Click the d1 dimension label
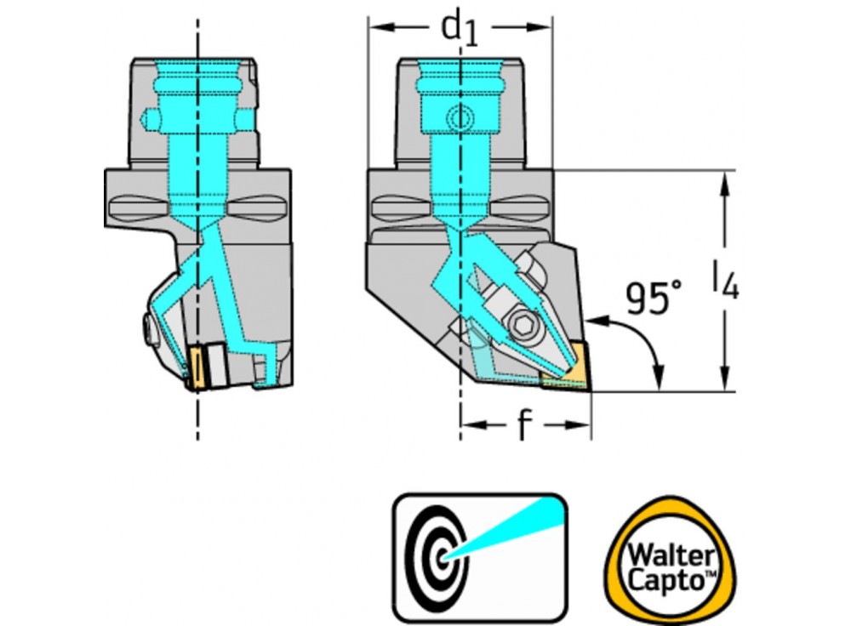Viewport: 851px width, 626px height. coord(460,29)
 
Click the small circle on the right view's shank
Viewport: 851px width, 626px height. coord(460,117)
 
